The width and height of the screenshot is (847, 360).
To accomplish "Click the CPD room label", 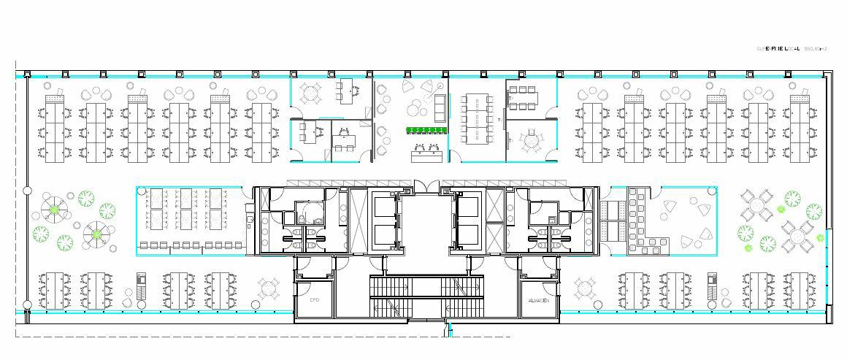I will pos(315,300).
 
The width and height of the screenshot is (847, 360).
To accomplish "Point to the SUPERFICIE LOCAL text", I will pos(778,48).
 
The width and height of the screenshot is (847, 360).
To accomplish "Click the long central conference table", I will pos(477,115).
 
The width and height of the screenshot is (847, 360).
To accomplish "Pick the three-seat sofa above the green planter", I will pos(440,107).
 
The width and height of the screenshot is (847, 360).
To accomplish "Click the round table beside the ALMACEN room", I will pos(584,290).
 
